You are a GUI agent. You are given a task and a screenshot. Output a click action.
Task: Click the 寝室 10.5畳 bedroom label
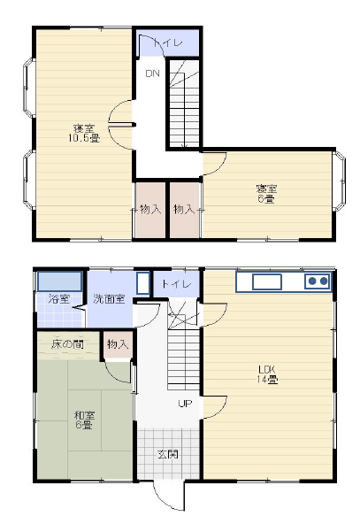[84, 133]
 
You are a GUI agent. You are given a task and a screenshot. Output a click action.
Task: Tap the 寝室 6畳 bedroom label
[266, 194]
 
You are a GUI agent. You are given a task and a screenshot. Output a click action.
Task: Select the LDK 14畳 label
[267, 374]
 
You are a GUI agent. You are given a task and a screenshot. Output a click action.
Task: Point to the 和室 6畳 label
[84, 420]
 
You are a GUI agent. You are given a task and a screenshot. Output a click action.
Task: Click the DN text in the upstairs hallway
[153, 73]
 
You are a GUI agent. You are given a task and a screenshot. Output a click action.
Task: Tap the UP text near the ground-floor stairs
[185, 404]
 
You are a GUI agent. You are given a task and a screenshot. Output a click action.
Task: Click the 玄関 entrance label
[168, 454]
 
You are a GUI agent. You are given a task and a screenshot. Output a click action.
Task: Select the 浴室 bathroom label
[58, 298]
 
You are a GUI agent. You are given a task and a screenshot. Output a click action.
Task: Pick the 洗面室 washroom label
[109, 298]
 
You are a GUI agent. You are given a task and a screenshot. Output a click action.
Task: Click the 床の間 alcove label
[67, 343]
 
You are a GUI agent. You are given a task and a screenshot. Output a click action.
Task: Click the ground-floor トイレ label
[176, 284]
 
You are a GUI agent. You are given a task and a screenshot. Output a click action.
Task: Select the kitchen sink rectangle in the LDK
[266, 282]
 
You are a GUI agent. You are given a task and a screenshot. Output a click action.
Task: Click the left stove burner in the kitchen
[312, 281]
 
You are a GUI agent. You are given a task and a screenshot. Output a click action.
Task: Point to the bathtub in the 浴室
[60, 281]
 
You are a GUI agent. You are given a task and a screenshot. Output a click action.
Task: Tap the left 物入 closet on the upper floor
[150, 210]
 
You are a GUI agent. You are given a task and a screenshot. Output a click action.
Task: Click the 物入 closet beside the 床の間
[118, 344]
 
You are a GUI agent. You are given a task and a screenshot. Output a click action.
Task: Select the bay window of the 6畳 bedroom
[340, 181]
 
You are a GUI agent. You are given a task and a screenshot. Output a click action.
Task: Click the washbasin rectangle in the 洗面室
[143, 283]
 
